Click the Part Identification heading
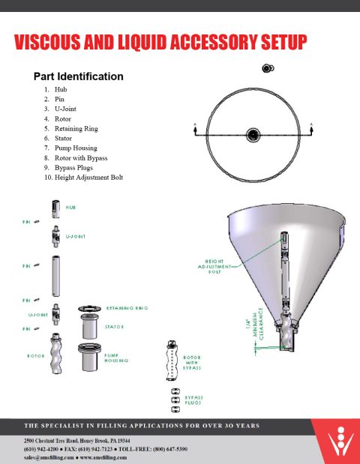tap(78, 76)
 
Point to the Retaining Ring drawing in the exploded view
tap(89, 309)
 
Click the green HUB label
tap(70, 207)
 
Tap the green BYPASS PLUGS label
tap(194, 400)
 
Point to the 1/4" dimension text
tap(244, 326)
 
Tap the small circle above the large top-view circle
tap(266, 69)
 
